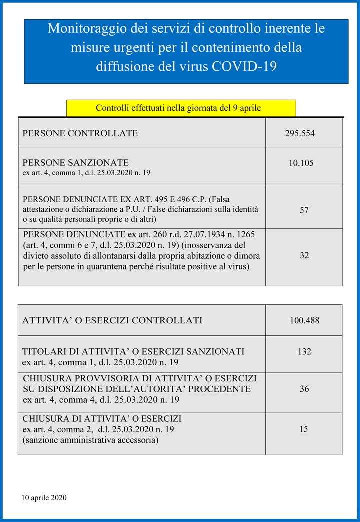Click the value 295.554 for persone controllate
pyautogui.click(x=300, y=134)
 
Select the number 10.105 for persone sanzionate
pyautogui.click(x=301, y=163)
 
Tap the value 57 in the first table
pyautogui.click(x=304, y=210)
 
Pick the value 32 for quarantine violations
pyautogui.click(x=304, y=255)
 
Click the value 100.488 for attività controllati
pyautogui.click(x=304, y=320)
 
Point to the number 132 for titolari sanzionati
pyautogui.click(x=304, y=352)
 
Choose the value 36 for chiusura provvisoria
pyautogui.click(x=304, y=389)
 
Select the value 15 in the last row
pyautogui.click(x=304, y=429)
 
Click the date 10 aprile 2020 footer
pyautogui.click(x=44, y=498)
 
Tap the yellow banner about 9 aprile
pyautogui.click(x=181, y=108)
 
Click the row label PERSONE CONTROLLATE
pyautogui.click(x=80, y=134)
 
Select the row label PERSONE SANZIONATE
pyautogui.click(x=76, y=163)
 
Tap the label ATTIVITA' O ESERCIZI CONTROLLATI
pyautogui.click(x=112, y=320)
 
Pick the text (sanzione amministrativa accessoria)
pyautogui.click(x=91, y=440)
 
